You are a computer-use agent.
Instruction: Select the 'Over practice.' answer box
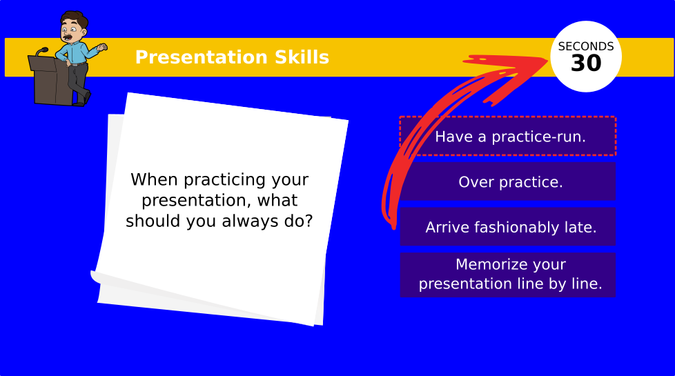(508, 181)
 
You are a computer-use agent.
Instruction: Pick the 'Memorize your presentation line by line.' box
(508, 275)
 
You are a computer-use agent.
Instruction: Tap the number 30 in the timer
(586, 63)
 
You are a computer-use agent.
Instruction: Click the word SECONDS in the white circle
(586, 46)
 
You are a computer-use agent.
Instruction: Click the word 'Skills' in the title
(302, 57)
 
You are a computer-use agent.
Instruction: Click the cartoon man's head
(72, 27)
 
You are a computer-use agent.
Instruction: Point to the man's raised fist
(102, 48)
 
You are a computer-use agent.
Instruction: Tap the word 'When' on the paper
(155, 179)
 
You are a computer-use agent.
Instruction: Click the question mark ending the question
(309, 221)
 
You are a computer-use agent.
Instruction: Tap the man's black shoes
(82, 99)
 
